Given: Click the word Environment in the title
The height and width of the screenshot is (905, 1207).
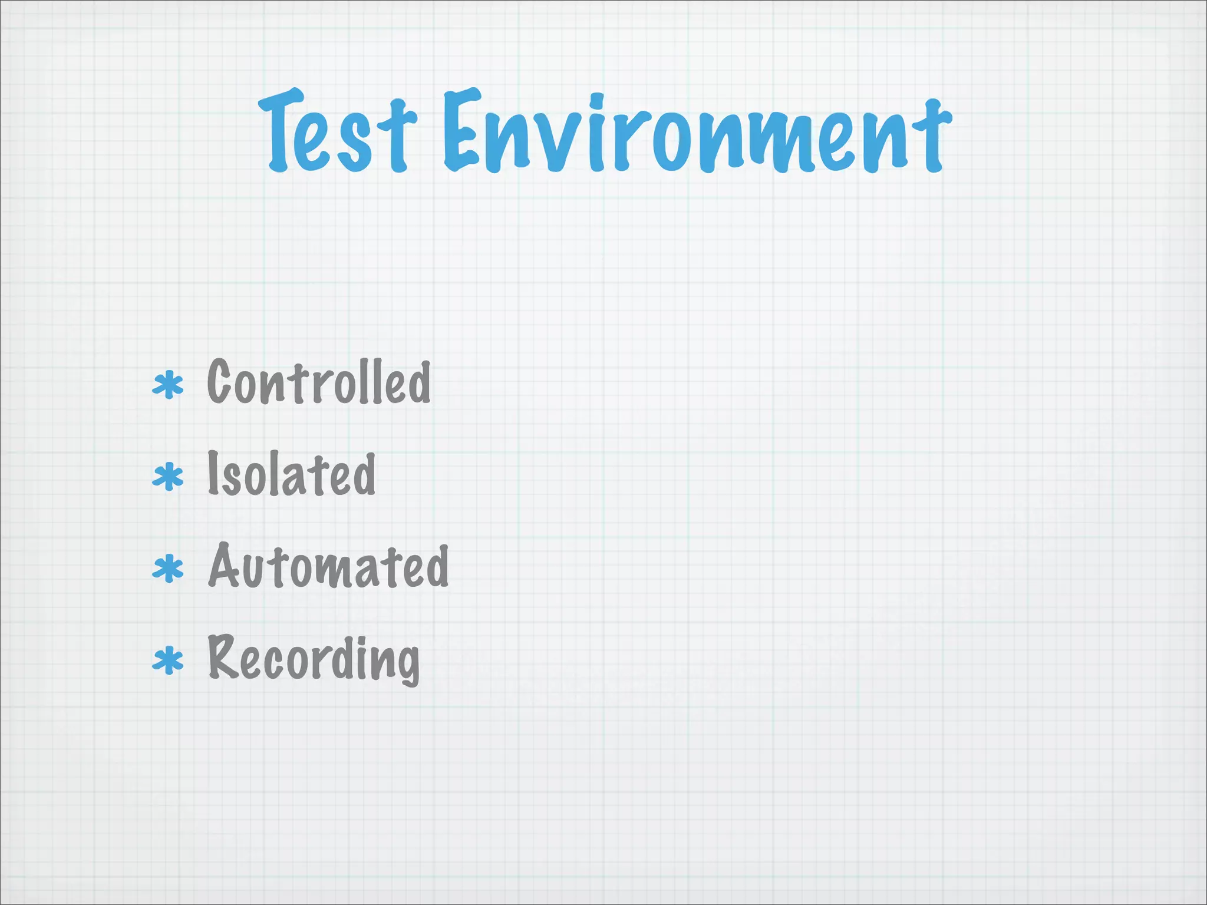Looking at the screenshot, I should [x=697, y=132].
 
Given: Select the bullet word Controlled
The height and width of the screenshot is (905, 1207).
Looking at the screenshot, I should [x=319, y=382].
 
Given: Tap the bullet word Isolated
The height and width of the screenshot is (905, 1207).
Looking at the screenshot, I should [x=291, y=475].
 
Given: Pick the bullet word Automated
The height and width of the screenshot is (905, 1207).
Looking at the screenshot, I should [x=328, y=566].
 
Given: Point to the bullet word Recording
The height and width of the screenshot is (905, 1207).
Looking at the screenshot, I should [x=314, y=659].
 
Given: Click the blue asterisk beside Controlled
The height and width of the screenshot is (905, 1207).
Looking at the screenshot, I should [x=168, y=387].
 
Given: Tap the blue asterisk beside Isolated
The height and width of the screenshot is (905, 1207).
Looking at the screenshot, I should [x=168, y=477].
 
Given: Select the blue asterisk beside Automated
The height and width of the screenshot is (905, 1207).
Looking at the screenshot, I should [x=168, y=569].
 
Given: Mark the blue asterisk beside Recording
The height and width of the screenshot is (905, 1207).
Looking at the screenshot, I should [x=168, y=661].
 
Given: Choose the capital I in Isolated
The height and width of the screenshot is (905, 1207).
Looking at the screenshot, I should [x=213, y=473].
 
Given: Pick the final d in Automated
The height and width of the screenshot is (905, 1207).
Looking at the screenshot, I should [x=437, y=566].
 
